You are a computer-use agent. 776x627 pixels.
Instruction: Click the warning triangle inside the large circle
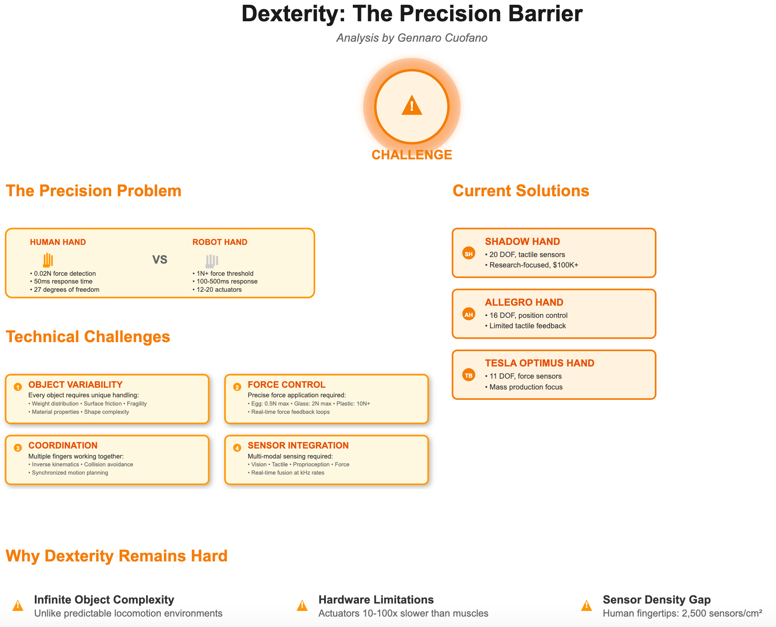411,106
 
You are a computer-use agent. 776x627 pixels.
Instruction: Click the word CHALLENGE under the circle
411,155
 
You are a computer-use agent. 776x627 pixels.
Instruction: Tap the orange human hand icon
48,260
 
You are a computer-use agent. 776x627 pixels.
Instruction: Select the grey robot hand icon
212,261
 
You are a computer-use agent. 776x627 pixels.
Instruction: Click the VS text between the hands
160,260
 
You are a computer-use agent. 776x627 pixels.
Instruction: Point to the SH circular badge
469,254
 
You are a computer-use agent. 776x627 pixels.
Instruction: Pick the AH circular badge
469,314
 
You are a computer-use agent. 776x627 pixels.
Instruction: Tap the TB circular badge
469,375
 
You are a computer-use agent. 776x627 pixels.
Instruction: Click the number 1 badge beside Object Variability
18,386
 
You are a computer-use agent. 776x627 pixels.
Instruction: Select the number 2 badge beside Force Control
237,386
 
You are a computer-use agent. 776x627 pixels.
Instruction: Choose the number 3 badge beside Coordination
18,448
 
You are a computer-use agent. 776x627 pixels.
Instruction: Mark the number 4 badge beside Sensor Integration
237,448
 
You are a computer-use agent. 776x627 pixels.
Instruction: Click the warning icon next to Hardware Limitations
302,606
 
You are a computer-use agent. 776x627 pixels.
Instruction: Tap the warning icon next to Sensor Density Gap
587,606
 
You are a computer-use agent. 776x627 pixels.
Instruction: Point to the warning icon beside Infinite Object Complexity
18,606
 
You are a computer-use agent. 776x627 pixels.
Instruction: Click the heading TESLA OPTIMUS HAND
540,363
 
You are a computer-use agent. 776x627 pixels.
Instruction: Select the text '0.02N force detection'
65,274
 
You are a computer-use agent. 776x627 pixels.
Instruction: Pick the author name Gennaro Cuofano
442,38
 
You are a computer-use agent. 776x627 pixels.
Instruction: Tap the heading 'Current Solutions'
521,191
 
